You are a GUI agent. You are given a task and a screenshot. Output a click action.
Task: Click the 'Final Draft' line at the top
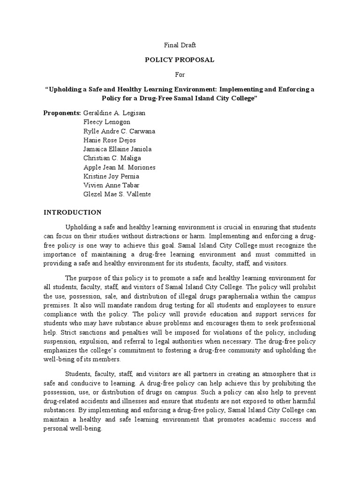(180, 45)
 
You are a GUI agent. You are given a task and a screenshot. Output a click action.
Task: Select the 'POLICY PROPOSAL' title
(180, 60)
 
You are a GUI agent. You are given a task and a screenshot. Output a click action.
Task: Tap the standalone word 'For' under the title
(180, 74)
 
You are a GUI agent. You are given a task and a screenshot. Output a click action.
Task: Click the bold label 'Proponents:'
(62, 113)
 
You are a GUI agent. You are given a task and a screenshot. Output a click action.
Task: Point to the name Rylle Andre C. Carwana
(119, 131)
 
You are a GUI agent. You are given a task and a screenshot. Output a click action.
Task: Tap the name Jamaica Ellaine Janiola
(117, 149)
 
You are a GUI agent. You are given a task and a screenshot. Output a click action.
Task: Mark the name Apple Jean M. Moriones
(119, 167)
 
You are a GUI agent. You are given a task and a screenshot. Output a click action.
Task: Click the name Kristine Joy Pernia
(111, 176)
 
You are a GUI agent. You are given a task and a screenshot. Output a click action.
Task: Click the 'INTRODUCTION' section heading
(73, 212)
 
